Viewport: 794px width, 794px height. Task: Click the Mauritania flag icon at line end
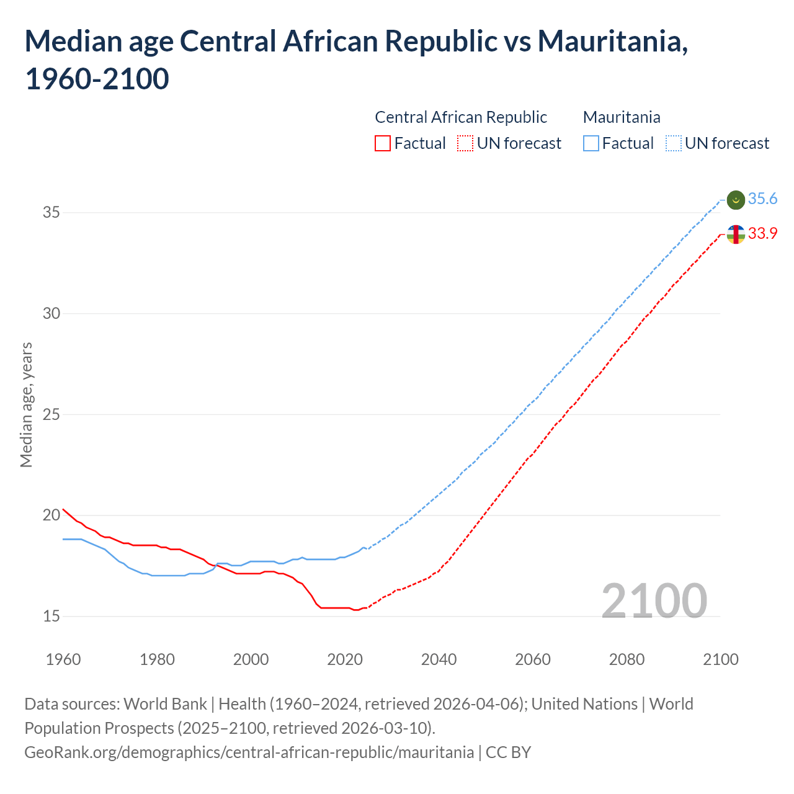click(x=736, y=200)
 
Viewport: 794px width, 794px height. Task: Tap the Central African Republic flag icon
click(x=736, y=234)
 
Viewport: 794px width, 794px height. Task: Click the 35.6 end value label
click(x=762, y=199)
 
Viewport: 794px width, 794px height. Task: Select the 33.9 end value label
click(x=762, y=234)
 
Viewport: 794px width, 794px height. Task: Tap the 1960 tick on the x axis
click(x=63, y=659)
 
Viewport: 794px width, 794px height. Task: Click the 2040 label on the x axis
click(x=439, y=659)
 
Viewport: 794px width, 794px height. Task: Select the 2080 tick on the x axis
click(x=627, y=659)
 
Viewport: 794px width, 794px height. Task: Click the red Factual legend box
click(x=383, y=144)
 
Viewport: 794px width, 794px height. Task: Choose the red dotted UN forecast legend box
click(x=465, y=144)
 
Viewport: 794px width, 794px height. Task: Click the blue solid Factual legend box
click(x=591, y=144)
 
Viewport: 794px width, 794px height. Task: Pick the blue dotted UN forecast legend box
click(x=674, y=144)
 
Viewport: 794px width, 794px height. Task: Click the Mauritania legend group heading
click(x=622, y=117)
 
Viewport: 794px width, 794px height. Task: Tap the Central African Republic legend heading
click(x=461, y=117)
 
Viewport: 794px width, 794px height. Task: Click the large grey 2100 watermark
click(x=654, y=601)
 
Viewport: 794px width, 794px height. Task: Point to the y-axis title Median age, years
click(x=26, y=404)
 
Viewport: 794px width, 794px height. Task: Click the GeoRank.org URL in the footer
click(x=249, y=752)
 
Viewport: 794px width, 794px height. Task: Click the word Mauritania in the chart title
click(x=612, y=42)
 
